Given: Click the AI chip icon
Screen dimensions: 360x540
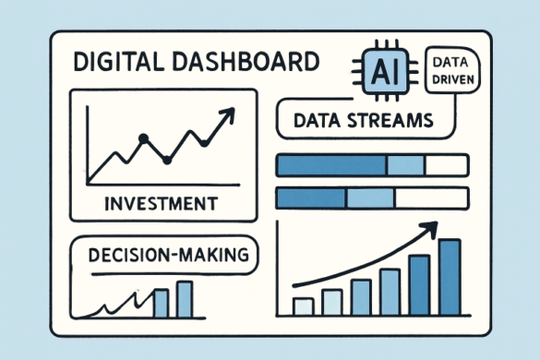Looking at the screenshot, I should [382, 69].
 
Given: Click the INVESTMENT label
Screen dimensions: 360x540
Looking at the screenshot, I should [162, 201].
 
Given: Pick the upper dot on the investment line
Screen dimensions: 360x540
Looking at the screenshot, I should [143, 138].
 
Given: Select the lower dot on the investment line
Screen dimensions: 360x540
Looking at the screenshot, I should [167, 160].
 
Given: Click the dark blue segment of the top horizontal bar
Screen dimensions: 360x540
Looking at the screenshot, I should [330, 165].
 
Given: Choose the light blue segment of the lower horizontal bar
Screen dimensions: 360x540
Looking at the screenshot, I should [373, 198].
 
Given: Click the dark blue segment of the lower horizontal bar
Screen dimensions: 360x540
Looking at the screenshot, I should [310, 198].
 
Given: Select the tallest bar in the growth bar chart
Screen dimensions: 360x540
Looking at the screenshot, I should [449, 277].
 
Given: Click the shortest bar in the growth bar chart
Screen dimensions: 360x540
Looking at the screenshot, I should [303, 306].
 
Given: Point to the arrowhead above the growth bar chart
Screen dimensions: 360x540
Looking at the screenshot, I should [430, 227].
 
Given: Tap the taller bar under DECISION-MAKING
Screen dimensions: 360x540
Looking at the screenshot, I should [185, 298].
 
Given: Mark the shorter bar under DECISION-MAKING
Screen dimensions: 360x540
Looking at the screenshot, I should [161, 303].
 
